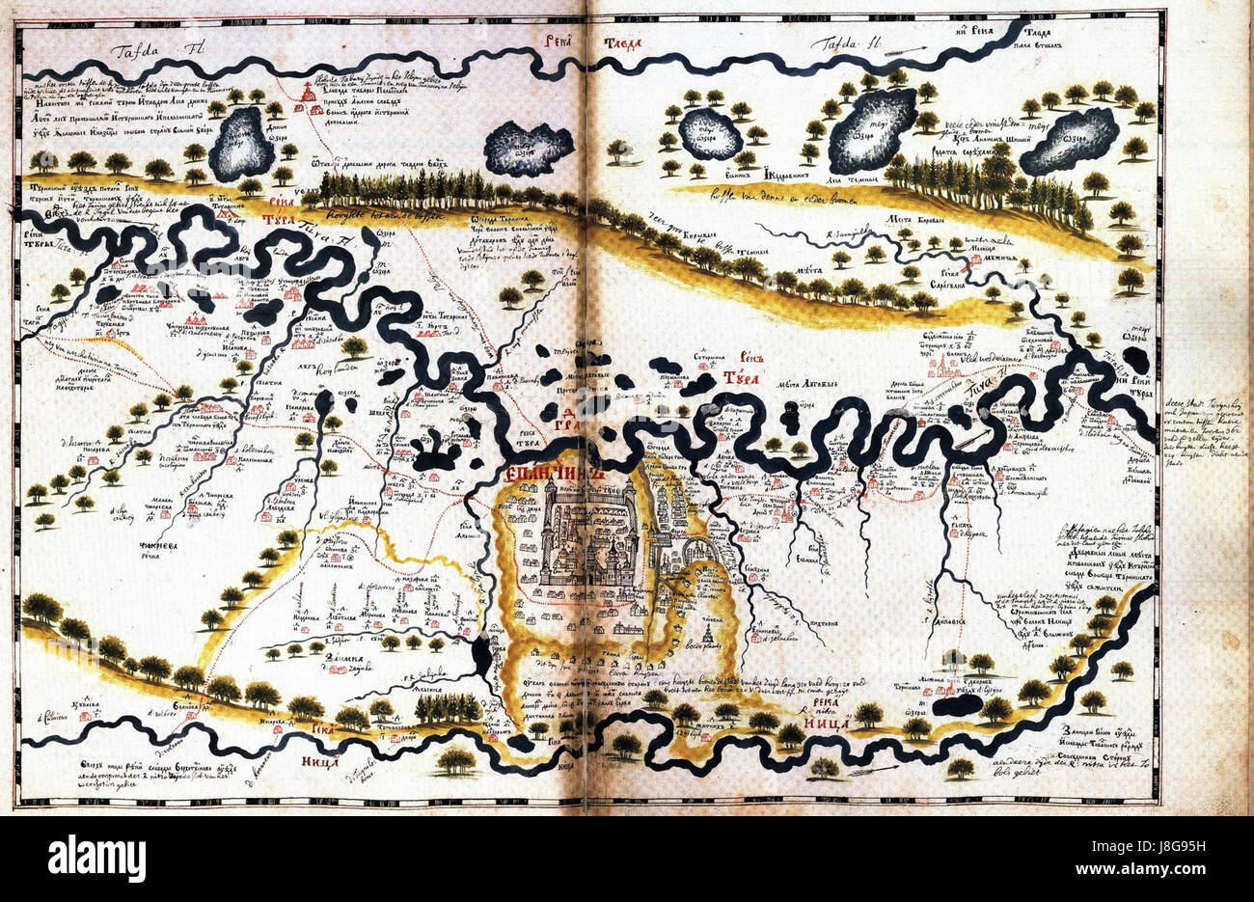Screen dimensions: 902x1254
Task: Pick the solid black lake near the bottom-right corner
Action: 958,705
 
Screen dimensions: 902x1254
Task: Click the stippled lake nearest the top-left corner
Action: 238,142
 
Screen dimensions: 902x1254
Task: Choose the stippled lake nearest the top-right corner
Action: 1068,140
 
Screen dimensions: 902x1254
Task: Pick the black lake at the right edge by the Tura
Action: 1135,359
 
